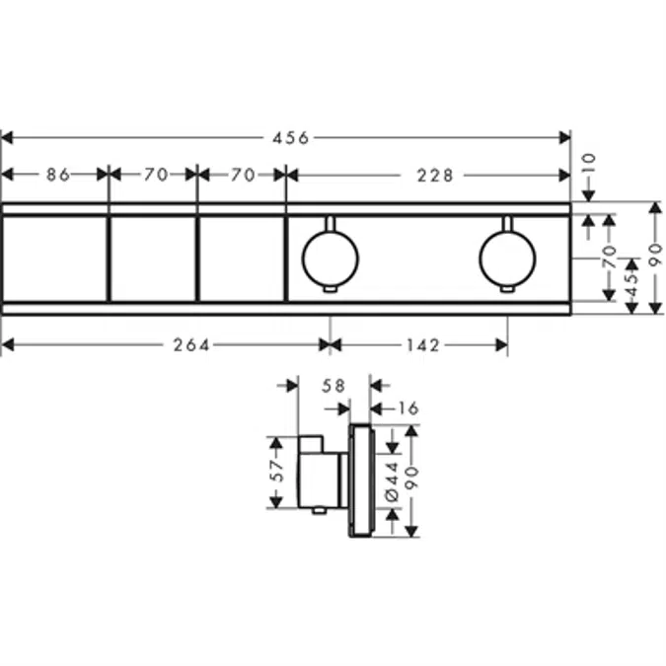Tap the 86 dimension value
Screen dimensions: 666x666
58,175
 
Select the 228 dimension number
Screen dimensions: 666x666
434,175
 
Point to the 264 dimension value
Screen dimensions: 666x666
191,344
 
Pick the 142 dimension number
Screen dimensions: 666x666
423,344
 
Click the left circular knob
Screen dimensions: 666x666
330,259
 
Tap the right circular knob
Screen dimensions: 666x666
507,259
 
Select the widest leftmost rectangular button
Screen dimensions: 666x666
54,259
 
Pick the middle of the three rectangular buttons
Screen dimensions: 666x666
153,259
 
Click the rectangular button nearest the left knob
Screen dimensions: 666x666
242,259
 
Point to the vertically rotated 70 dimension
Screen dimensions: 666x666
609,259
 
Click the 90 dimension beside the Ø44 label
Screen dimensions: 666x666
412,480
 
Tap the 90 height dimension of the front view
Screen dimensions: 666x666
653,259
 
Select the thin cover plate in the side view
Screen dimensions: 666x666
360,481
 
